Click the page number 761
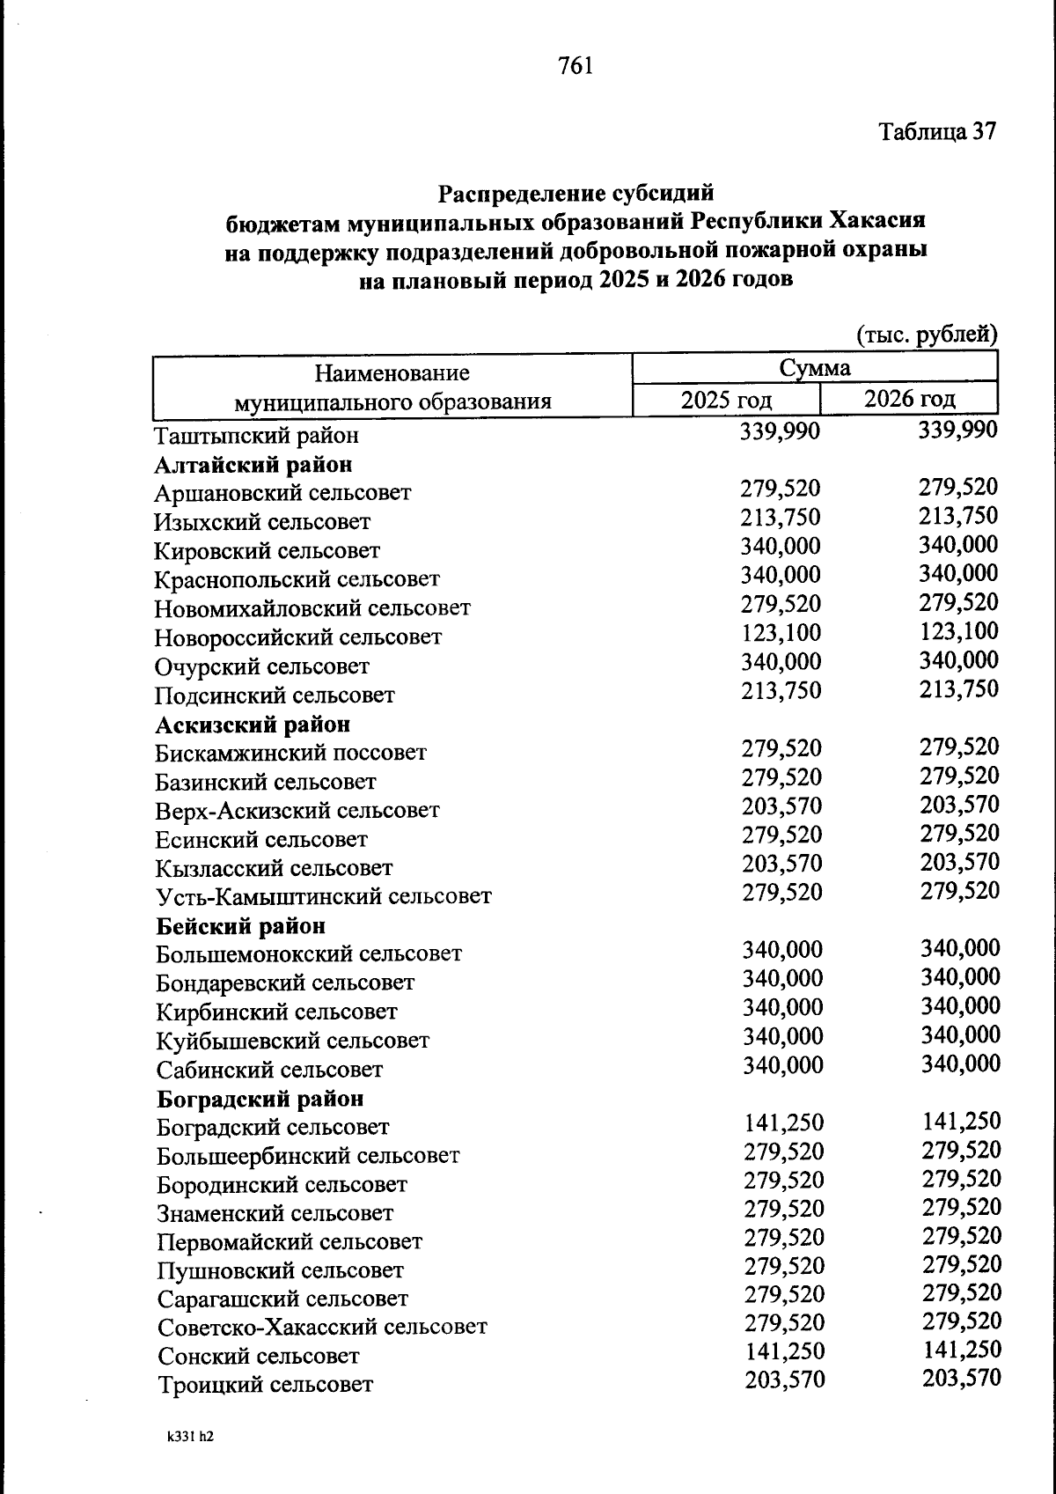(575, 66)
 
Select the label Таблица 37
(937, 132)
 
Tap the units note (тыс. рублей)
(927, 335)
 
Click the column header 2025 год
(727, 400)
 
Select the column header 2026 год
(909, 399)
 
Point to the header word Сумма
(815, 367)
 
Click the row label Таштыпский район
(256, 436)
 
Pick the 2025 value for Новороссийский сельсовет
(781, 633)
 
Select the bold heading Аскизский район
(253, 725)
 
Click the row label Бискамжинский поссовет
(290, 753)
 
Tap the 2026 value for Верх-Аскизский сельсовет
(960, 805)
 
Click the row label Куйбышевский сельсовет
(293, 1041)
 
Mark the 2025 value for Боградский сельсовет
(784, 1122)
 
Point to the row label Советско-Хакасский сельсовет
(322, 1327)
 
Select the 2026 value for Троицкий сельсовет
(962, 1378)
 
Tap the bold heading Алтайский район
(253, 464)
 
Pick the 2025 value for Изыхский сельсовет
(781, 517)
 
